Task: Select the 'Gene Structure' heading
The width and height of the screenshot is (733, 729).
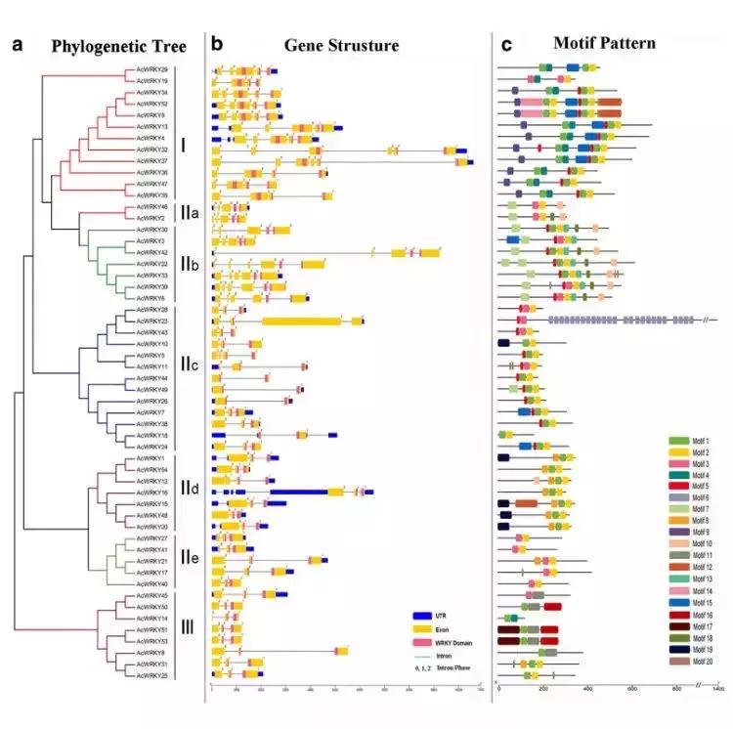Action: pyautogui.click(x=341, y=46)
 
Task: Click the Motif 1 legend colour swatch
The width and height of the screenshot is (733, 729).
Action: pyautogui.click(x=678, y=443)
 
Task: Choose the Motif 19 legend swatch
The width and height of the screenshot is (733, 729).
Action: pyautogui.click(x=678, y=649)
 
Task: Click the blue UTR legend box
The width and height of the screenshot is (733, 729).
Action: pyautogui.click(x=421, y=616)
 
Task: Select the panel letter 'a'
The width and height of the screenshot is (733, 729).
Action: pyautogui.click(x=17, y=45)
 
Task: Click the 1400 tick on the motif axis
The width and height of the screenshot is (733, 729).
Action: pyautogui.click(x=717, y=690)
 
